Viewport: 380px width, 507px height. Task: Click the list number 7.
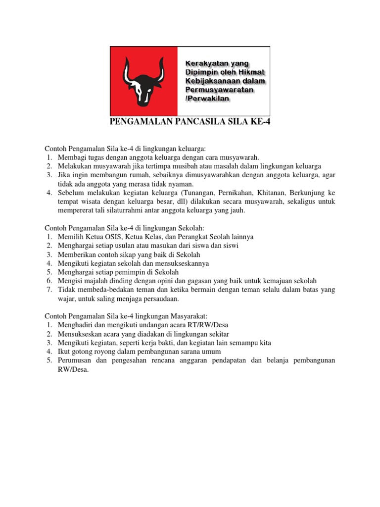(49, 290)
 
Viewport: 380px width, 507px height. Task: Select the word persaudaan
(159, 299)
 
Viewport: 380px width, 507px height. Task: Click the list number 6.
(49, 281)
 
